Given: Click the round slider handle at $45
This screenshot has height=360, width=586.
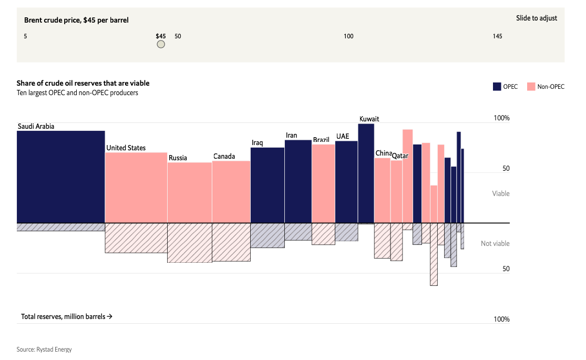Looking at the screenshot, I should (161, 45).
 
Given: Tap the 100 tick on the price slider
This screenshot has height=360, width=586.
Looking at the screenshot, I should (348, 36).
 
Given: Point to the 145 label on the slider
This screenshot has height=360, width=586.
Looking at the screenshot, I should (497, 36).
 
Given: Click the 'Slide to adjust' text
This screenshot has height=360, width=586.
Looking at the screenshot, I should (537, 18).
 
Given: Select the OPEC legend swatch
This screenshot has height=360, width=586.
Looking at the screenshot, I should (497, 87).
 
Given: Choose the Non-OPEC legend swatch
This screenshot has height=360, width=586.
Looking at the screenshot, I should (531, 87).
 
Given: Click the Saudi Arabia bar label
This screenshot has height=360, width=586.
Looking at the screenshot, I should (36, 127).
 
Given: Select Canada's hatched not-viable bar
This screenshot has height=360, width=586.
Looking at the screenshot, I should (231, 242).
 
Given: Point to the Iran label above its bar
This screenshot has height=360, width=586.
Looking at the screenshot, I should (291, 136).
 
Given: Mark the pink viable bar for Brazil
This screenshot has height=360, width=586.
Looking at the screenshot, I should (323, 183).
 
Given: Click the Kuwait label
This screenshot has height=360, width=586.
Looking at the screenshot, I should (369, 119).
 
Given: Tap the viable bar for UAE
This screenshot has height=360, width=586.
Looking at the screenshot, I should (346, 182).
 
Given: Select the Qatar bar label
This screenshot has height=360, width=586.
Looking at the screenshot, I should (400, 156).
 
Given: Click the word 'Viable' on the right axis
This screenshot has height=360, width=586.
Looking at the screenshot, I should (500, 193).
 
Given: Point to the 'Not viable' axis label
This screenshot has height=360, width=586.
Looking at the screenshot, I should (495, 244).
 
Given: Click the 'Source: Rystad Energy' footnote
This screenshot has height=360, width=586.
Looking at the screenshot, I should (44, 349).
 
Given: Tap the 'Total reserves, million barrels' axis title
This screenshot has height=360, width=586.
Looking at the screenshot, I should (67, 317).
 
